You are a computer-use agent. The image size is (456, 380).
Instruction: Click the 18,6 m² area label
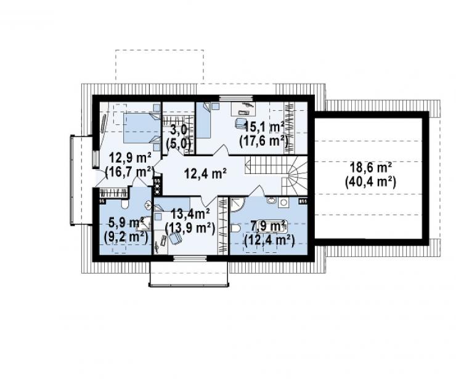(371, 168)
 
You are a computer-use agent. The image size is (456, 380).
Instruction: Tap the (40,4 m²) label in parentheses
(370, 183)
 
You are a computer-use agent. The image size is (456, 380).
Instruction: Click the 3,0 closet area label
(179, 130)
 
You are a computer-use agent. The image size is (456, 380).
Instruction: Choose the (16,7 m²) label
(129, 172)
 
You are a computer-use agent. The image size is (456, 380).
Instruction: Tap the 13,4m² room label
(190, 215)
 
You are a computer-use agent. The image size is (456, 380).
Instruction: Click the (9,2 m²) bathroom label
(126, 237)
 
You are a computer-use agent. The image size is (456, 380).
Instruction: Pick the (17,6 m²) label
(264, 141)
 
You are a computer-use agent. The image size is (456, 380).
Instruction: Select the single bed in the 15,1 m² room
(203, 120)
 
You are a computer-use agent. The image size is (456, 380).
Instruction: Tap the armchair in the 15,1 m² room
(240, 123)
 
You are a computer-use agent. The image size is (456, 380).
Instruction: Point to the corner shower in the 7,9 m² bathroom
(238, 205)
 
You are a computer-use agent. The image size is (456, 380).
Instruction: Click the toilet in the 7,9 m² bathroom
(235, 229)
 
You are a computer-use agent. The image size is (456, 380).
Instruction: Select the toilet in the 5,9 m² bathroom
(124, 204)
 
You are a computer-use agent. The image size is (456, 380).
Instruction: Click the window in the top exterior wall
(235, 98)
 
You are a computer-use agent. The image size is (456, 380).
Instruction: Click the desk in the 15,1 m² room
(243, 108)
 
